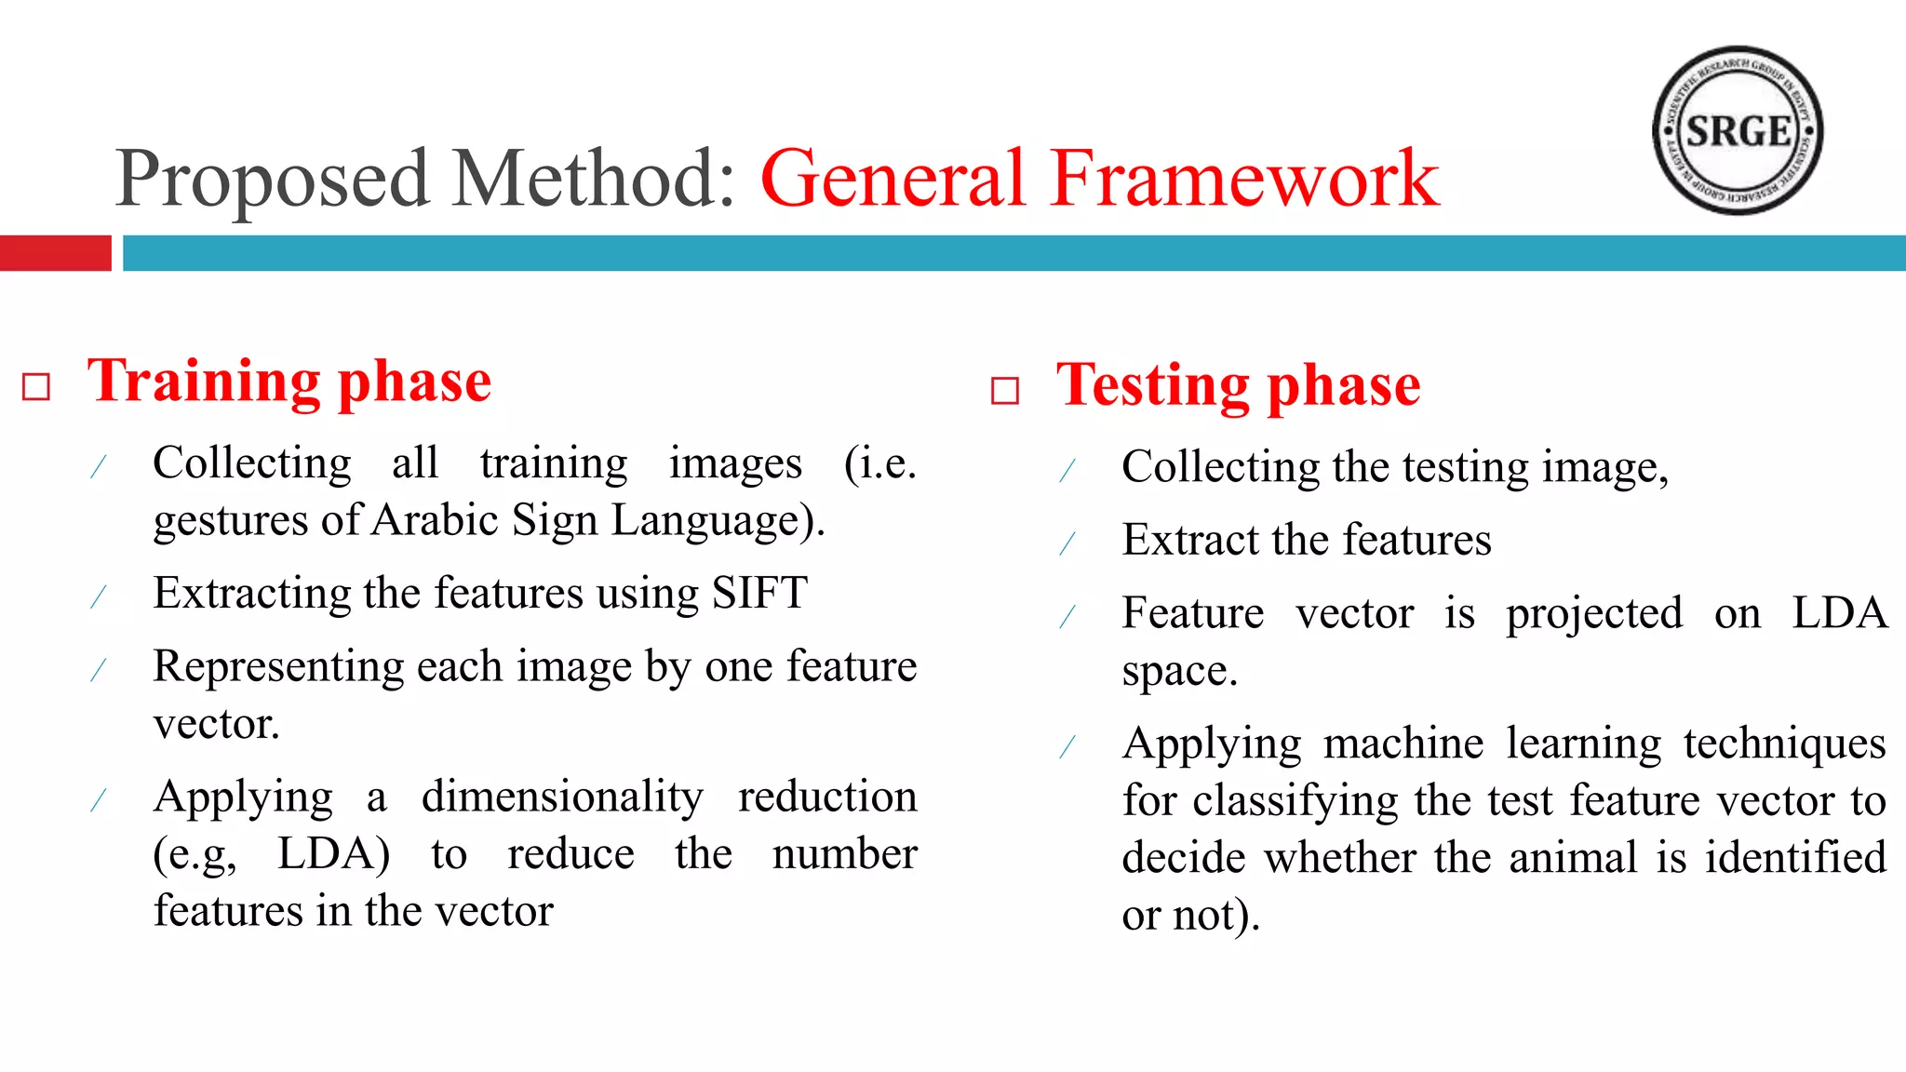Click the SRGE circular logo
(x=1737, y=130)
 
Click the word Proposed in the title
(x=273, y=179)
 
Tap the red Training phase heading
(x=289, y=382)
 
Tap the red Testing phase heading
(x=1238, y=385)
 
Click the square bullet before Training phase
(x=36, y=386)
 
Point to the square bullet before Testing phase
(x=1005, y=390)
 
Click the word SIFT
(x=759, y=593)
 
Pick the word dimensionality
(x=562, y=797)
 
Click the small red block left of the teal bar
(x=55, y=253)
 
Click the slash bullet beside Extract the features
(x=1067, y=543)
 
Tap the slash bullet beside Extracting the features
(x=99, y=596)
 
